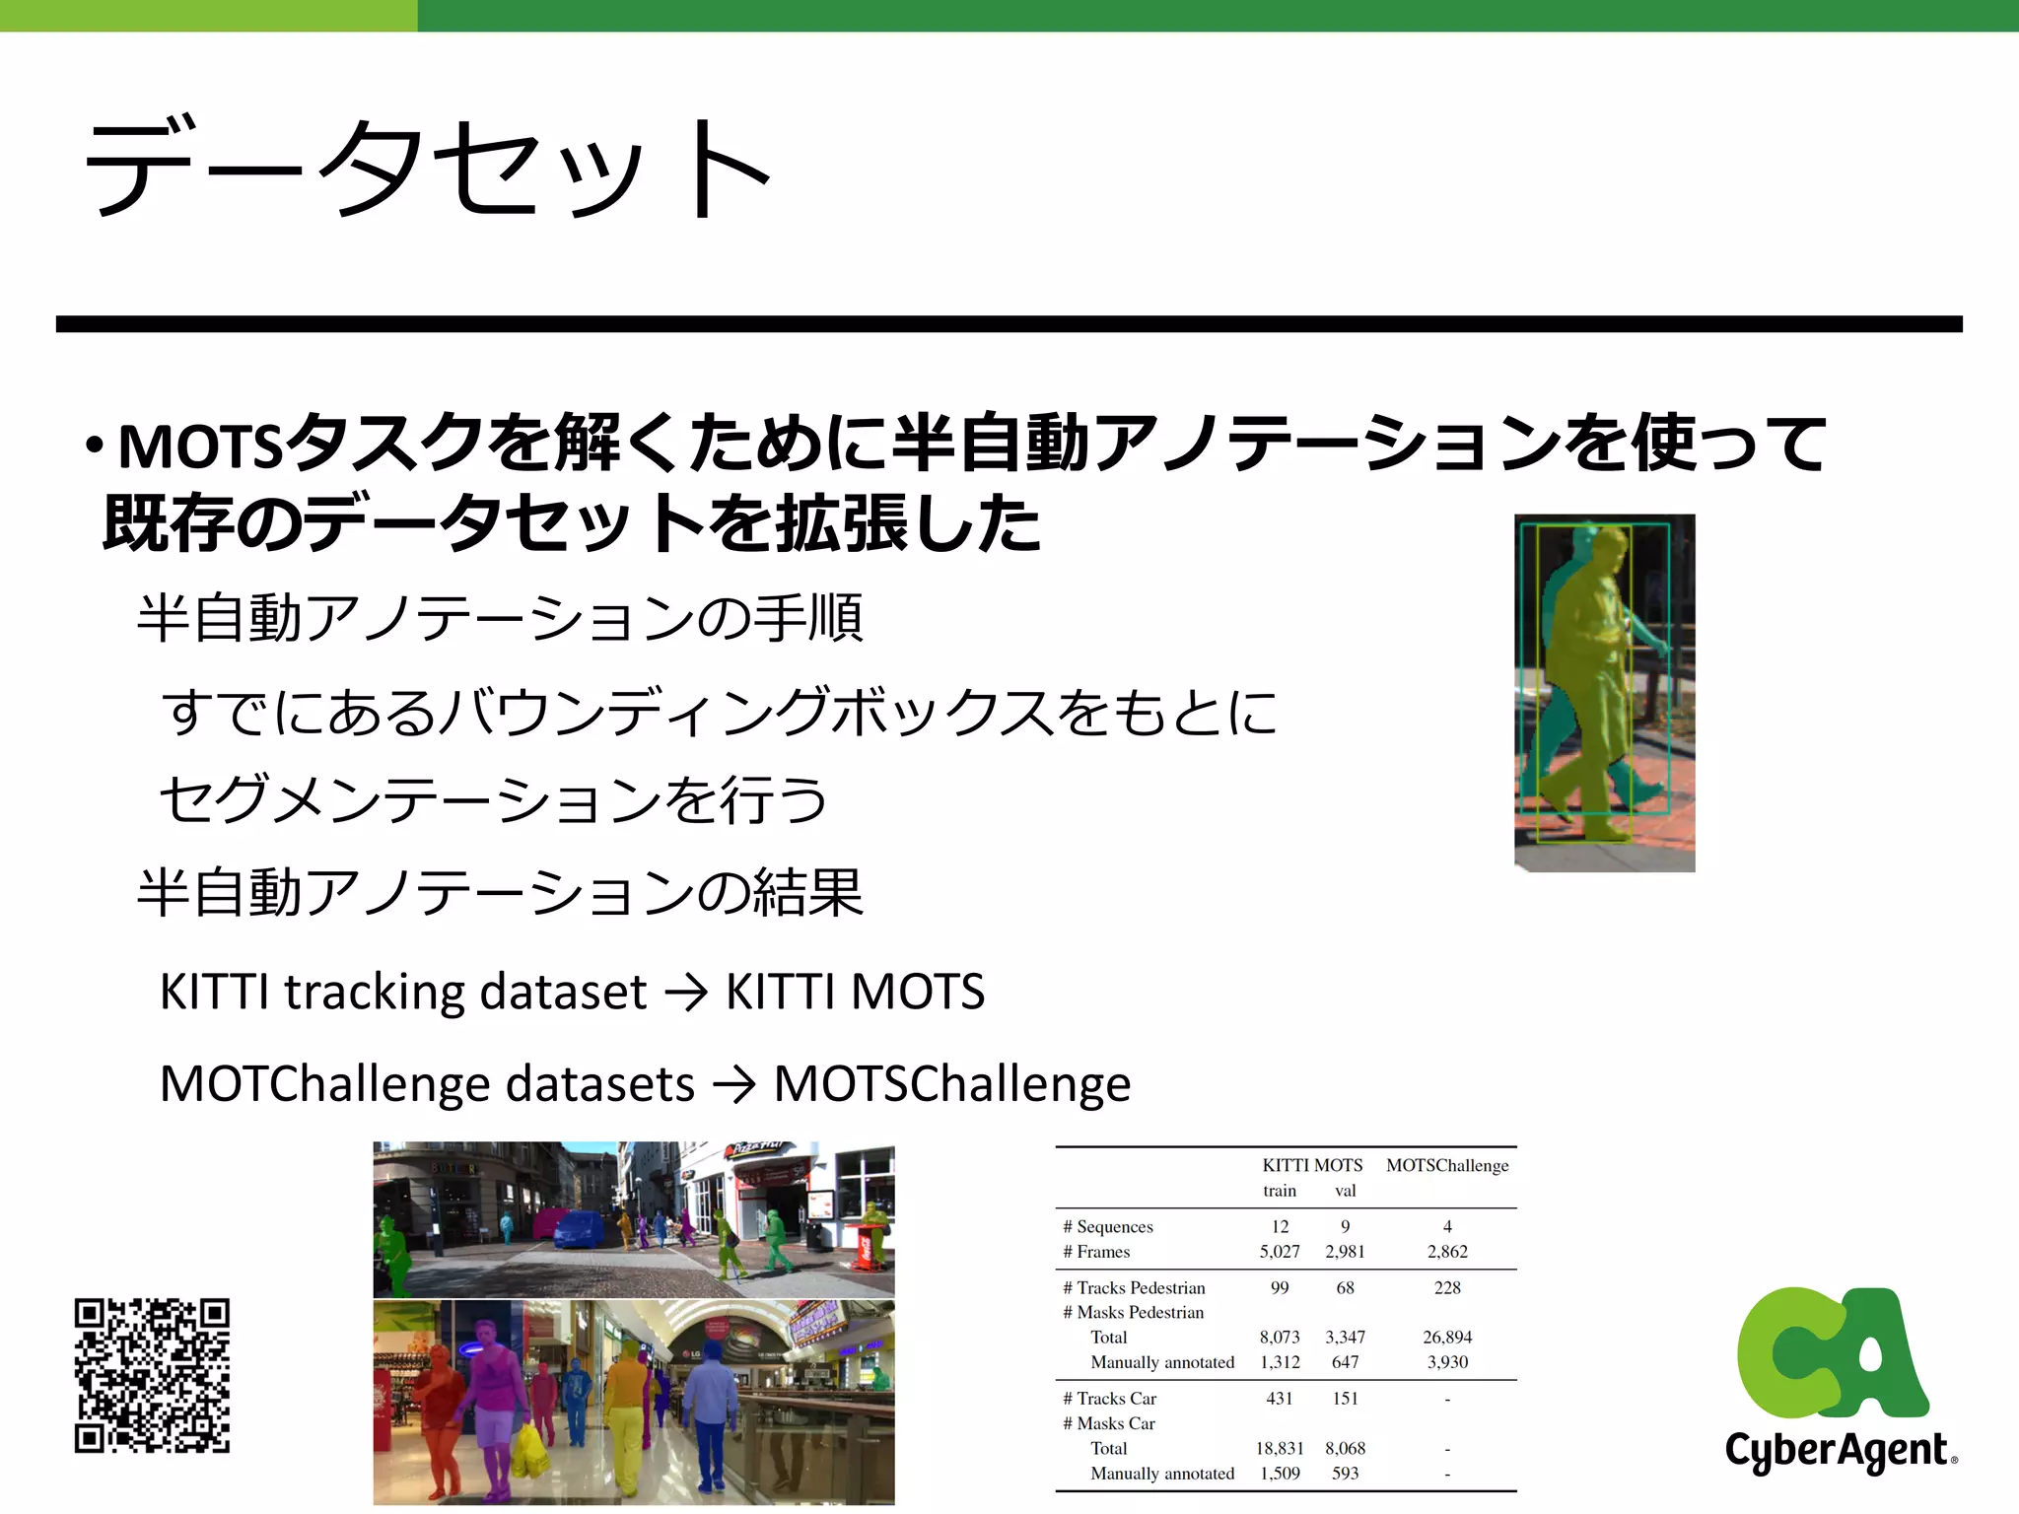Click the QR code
coord(152,1375)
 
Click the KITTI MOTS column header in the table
coord(1312,1165)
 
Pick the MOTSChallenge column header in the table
coord(1447,1165)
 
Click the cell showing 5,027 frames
coord(1280,1252)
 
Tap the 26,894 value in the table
coord(1447,1338)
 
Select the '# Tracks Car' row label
coord(1110,1399)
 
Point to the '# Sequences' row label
coord(1108,1227)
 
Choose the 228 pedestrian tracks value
coord(1447,1288)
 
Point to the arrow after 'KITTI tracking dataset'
coord(687,993)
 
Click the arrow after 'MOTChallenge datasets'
coord(734,1085)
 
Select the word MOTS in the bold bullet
coord(201,447)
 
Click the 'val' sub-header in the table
coord(1345,1191)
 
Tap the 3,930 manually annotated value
coord(1447,1362)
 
